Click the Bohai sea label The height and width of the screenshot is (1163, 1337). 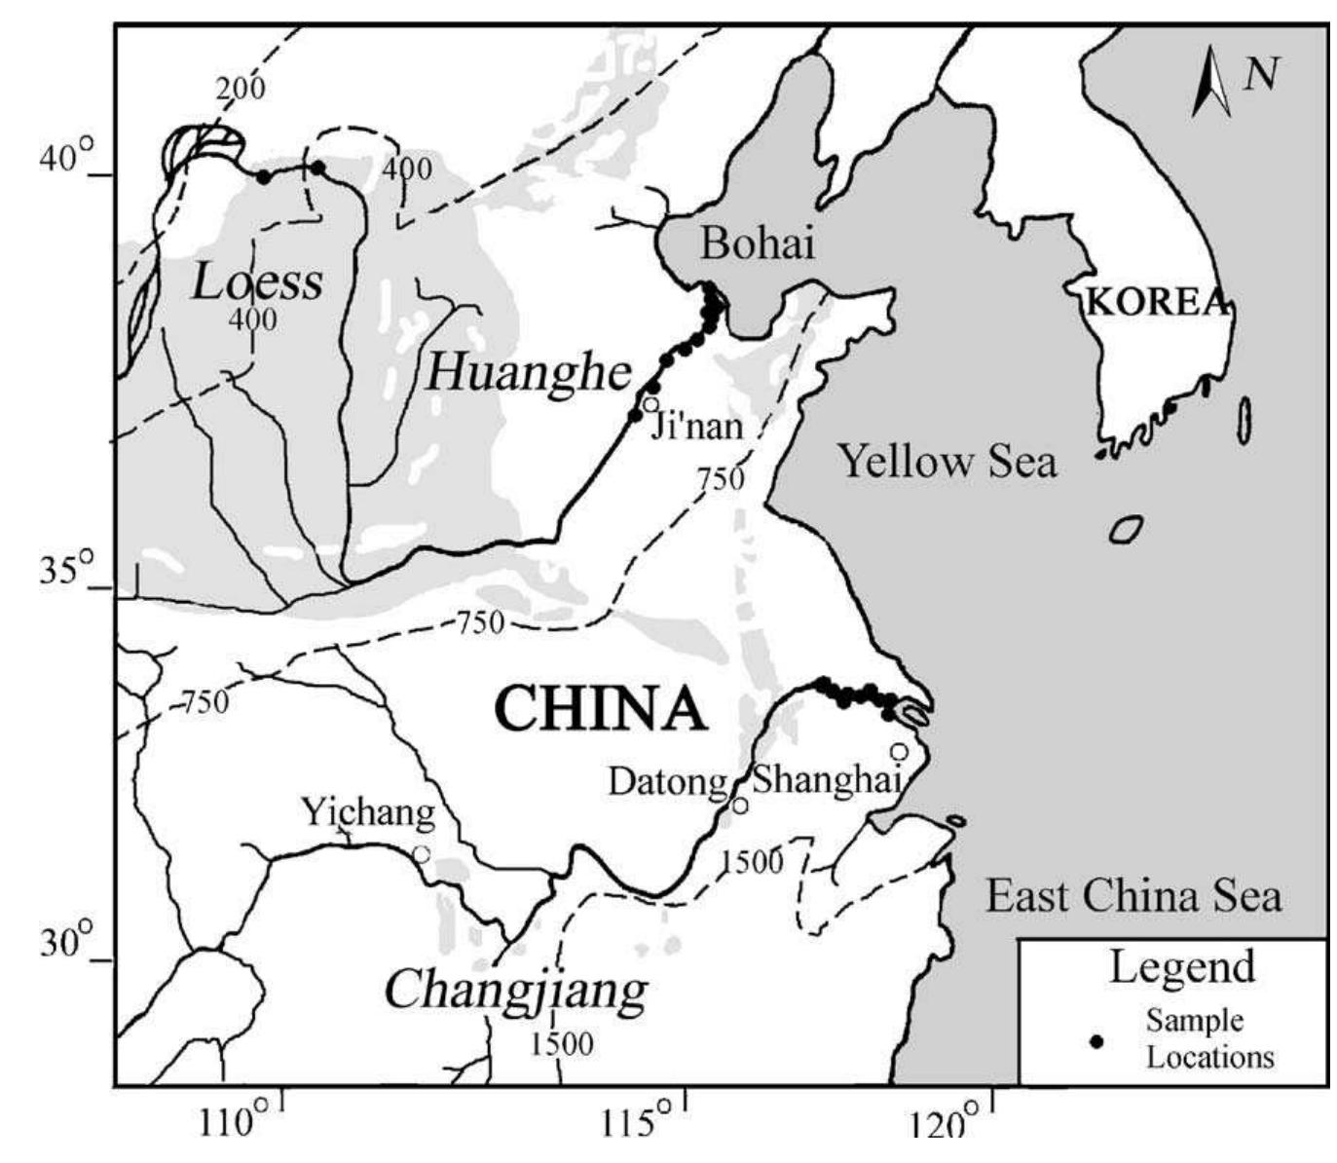point(757,244)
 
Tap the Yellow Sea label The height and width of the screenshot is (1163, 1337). point(947,461)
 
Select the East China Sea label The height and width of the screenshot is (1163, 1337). point(1133,895)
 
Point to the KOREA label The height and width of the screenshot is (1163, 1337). point(1156,303)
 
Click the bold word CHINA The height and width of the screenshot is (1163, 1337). point(600,709)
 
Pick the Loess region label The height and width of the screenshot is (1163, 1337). point(257,281)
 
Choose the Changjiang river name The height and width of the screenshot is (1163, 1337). point(516,991)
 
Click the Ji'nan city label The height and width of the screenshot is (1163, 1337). point(696,426)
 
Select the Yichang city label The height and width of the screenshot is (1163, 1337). point(367,811)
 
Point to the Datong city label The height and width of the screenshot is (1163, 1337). point(668,781)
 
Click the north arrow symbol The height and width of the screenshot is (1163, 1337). point(1211,82)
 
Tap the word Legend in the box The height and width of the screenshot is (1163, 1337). point(1182,967)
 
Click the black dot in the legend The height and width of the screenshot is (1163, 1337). point(1097,1041)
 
